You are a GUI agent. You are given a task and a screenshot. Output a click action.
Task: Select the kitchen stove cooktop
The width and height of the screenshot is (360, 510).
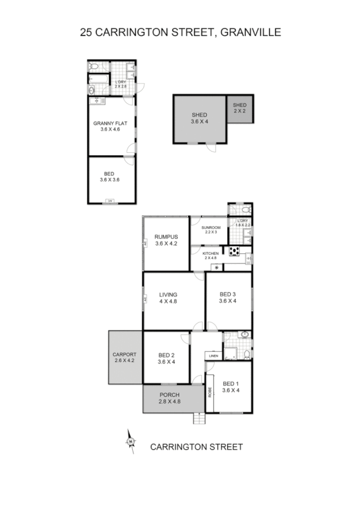[x=234, y=251]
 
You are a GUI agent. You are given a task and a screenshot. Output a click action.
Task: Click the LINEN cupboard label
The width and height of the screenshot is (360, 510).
[x=213, y=357]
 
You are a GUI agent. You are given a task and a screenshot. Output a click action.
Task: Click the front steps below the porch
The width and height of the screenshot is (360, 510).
[x=198, y=419]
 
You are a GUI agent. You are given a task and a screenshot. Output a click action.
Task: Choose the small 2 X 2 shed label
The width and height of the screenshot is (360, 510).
[x=240, y=108]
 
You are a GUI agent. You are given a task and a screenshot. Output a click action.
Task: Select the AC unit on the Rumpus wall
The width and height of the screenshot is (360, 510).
[x=145, y=243]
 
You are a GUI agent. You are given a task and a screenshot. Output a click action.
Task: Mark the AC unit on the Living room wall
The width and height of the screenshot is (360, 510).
[x=145, y=299]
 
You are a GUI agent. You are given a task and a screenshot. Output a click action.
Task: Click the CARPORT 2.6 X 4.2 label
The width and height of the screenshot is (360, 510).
[x=124, y=357]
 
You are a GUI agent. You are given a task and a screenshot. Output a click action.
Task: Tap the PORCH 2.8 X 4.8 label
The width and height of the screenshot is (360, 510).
[x=169, y=398]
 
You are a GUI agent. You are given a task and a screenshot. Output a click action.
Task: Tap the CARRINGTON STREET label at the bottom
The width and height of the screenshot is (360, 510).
[x=196, y=447]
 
